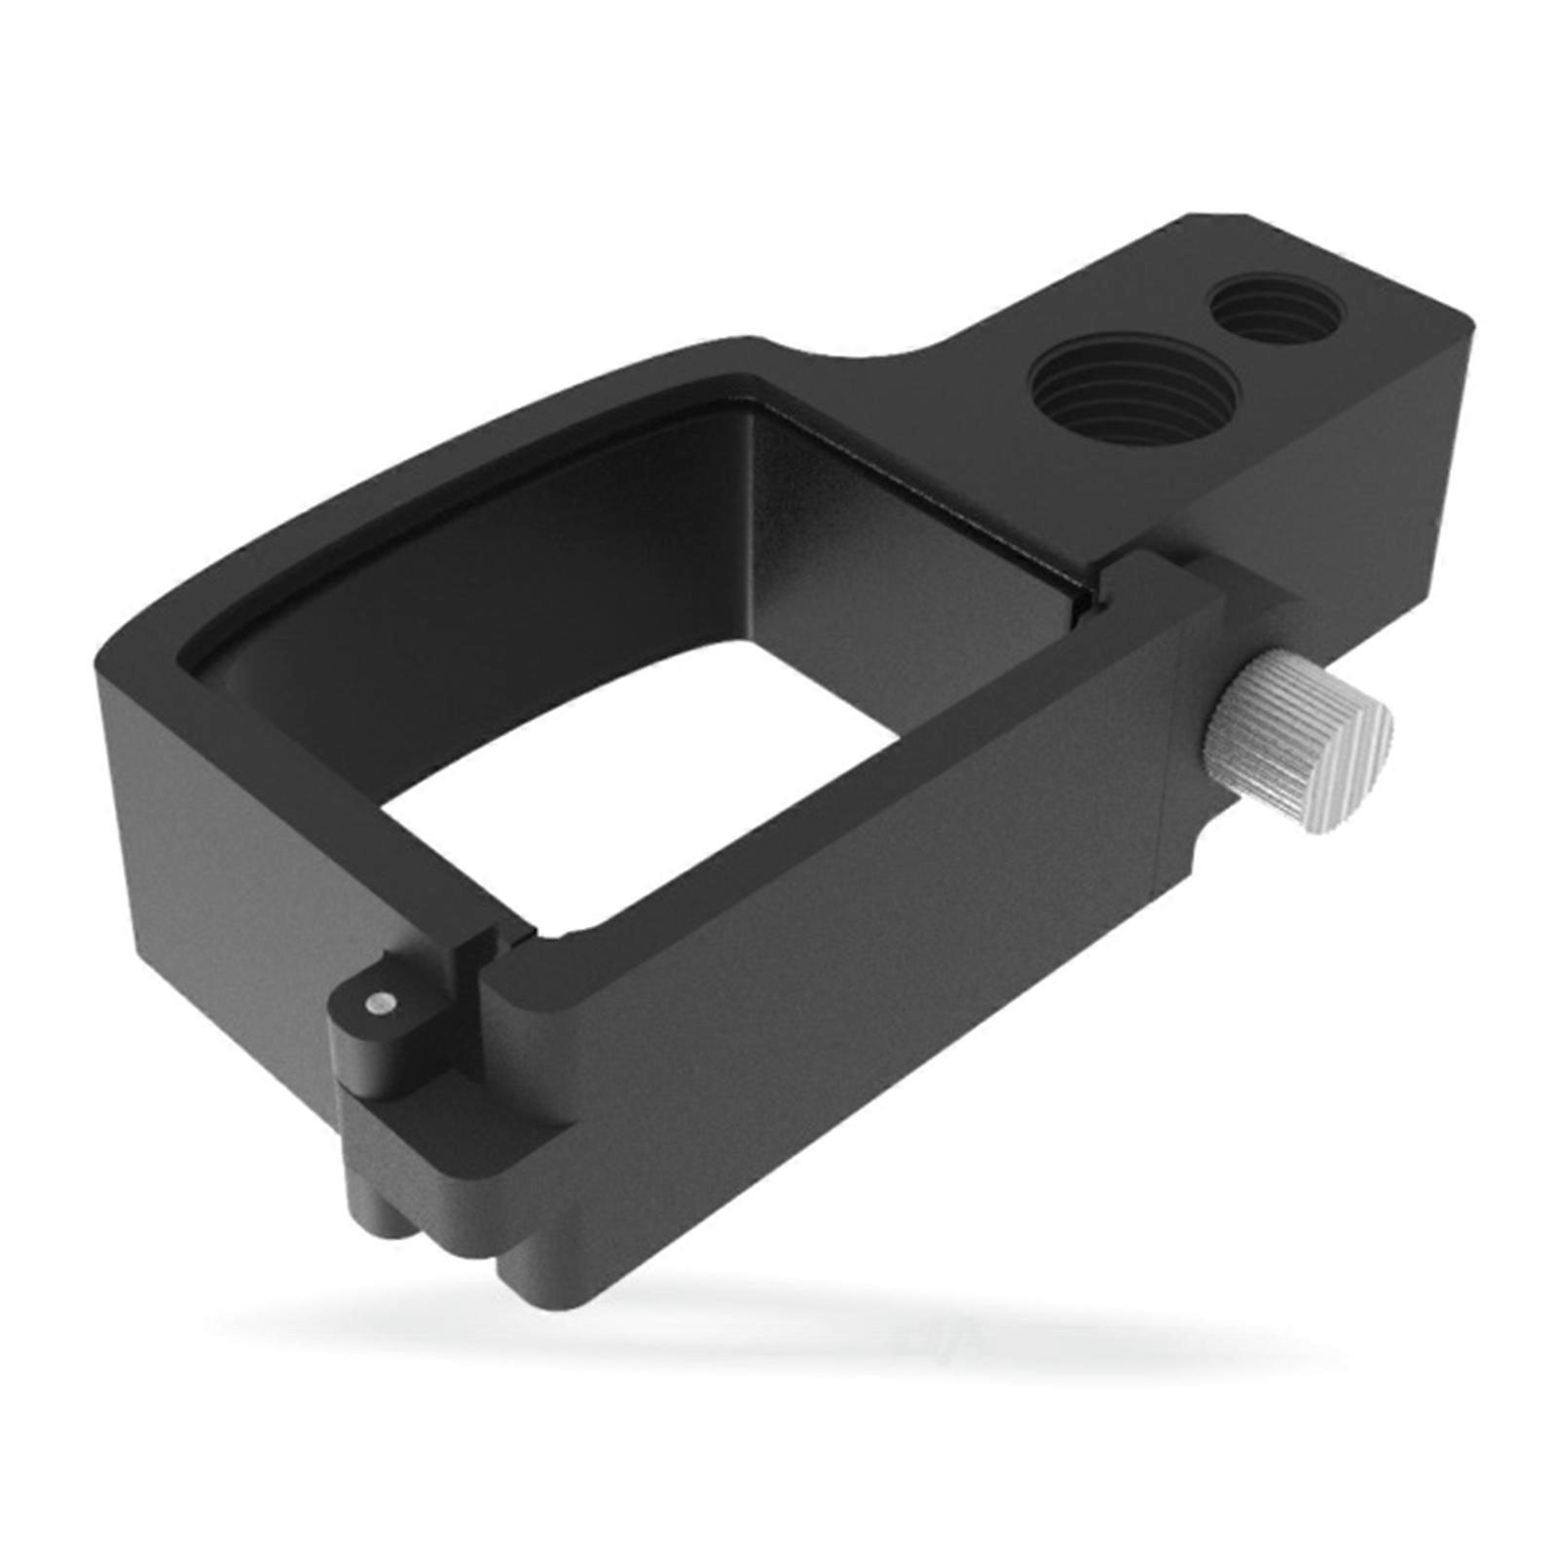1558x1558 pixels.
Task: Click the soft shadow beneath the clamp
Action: (779, 1334)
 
